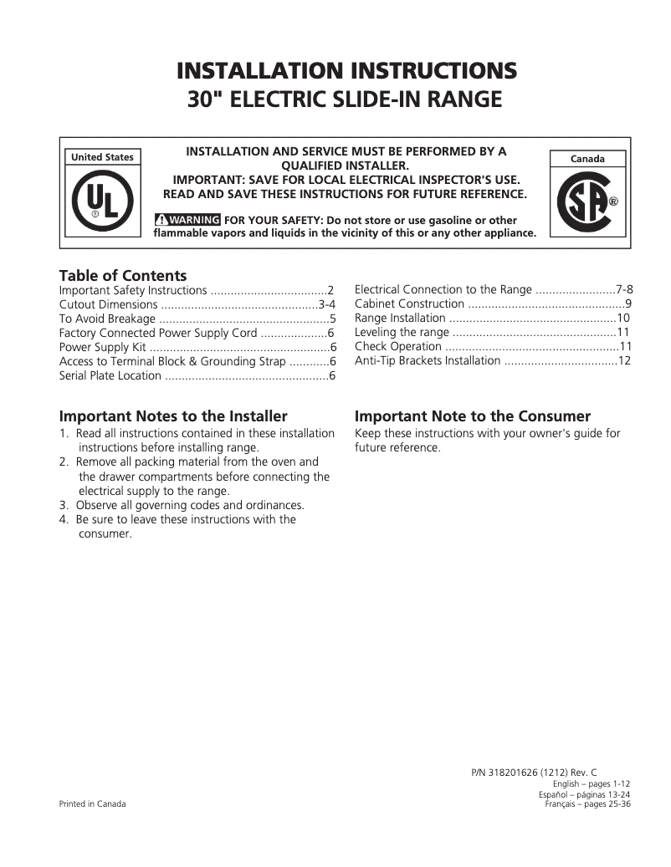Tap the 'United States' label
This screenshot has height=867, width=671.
click(102, 157)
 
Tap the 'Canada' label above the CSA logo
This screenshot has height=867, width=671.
click(586, 158)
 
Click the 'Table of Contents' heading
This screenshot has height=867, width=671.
click(122, 276)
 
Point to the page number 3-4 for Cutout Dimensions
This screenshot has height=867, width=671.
click(326, 304)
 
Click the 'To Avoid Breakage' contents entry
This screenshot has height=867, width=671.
click(107, 319)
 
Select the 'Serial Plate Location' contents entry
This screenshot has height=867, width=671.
click(110, 375)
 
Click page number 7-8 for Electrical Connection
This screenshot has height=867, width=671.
click(623, 290)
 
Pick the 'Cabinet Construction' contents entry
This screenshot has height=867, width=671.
click(409, 304)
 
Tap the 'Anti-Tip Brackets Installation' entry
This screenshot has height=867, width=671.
click(427, 361)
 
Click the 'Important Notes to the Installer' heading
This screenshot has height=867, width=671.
click(173, 416)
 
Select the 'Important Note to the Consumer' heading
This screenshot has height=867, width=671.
click(473, 416)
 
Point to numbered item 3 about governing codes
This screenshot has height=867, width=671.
click(182, 505)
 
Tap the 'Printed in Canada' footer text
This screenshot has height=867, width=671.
click(92, 803)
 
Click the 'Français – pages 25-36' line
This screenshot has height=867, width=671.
click(587, 803)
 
